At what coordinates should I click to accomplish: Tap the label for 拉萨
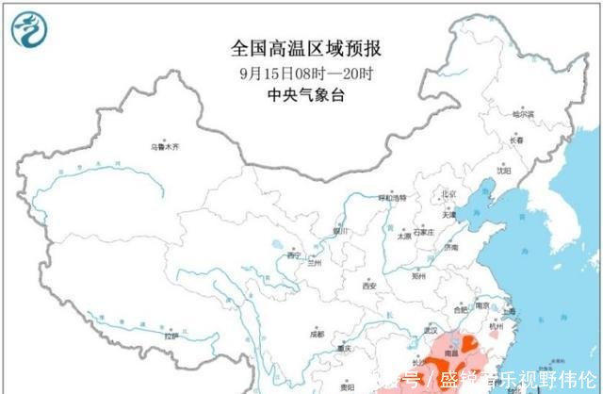171,336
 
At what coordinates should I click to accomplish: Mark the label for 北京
448,195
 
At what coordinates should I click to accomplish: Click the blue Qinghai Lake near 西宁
276,252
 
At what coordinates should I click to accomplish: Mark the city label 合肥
460,309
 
